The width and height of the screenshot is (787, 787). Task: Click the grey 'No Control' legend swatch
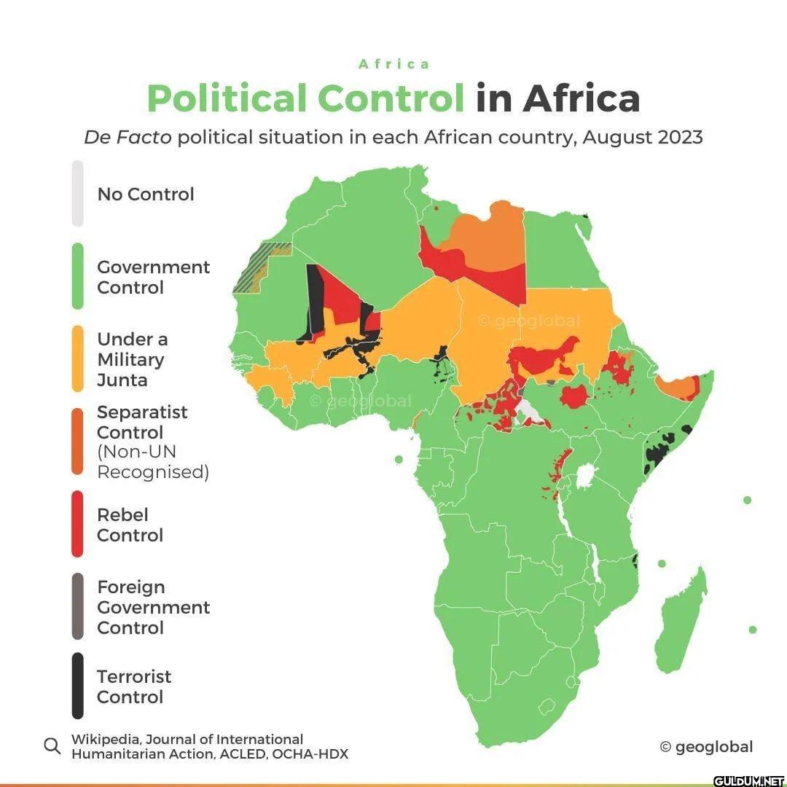[77, 194]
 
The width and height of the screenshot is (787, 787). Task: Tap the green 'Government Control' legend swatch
[77, 277]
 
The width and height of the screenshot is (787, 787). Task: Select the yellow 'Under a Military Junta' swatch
[77, 359]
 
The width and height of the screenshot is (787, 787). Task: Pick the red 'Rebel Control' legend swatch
[77, 525]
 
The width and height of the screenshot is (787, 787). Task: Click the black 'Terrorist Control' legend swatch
[77, 686]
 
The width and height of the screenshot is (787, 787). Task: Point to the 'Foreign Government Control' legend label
[153, 607]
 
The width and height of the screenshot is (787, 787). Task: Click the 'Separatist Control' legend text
[142, 422]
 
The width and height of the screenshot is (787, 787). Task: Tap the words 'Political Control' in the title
[305, 98]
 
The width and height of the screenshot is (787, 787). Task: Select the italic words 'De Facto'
[128, 137]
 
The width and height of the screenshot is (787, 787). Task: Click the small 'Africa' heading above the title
[394, 64]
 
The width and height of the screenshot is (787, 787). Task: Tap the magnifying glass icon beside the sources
[52, 746]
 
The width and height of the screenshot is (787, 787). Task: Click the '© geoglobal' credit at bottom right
[706, 746]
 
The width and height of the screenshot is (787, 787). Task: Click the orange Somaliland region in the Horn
[676, 388]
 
